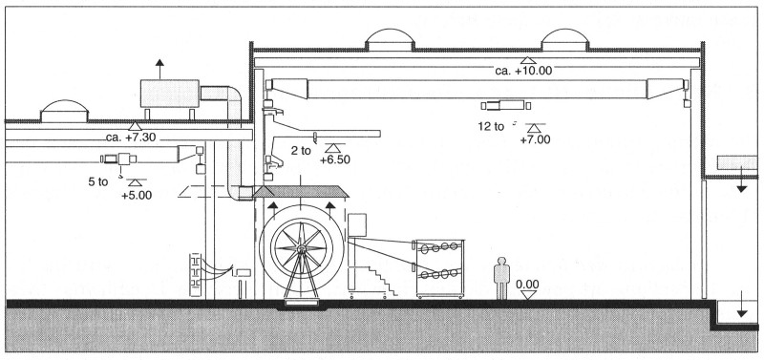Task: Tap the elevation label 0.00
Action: coord(526,284)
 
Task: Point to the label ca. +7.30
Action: coord(138,138)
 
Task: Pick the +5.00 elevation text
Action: coord(137,195)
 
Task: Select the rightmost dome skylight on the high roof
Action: coord(567,39)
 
